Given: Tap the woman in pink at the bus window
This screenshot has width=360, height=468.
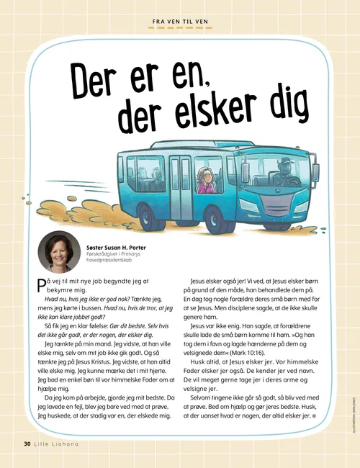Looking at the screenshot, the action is [x=207, y=183].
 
